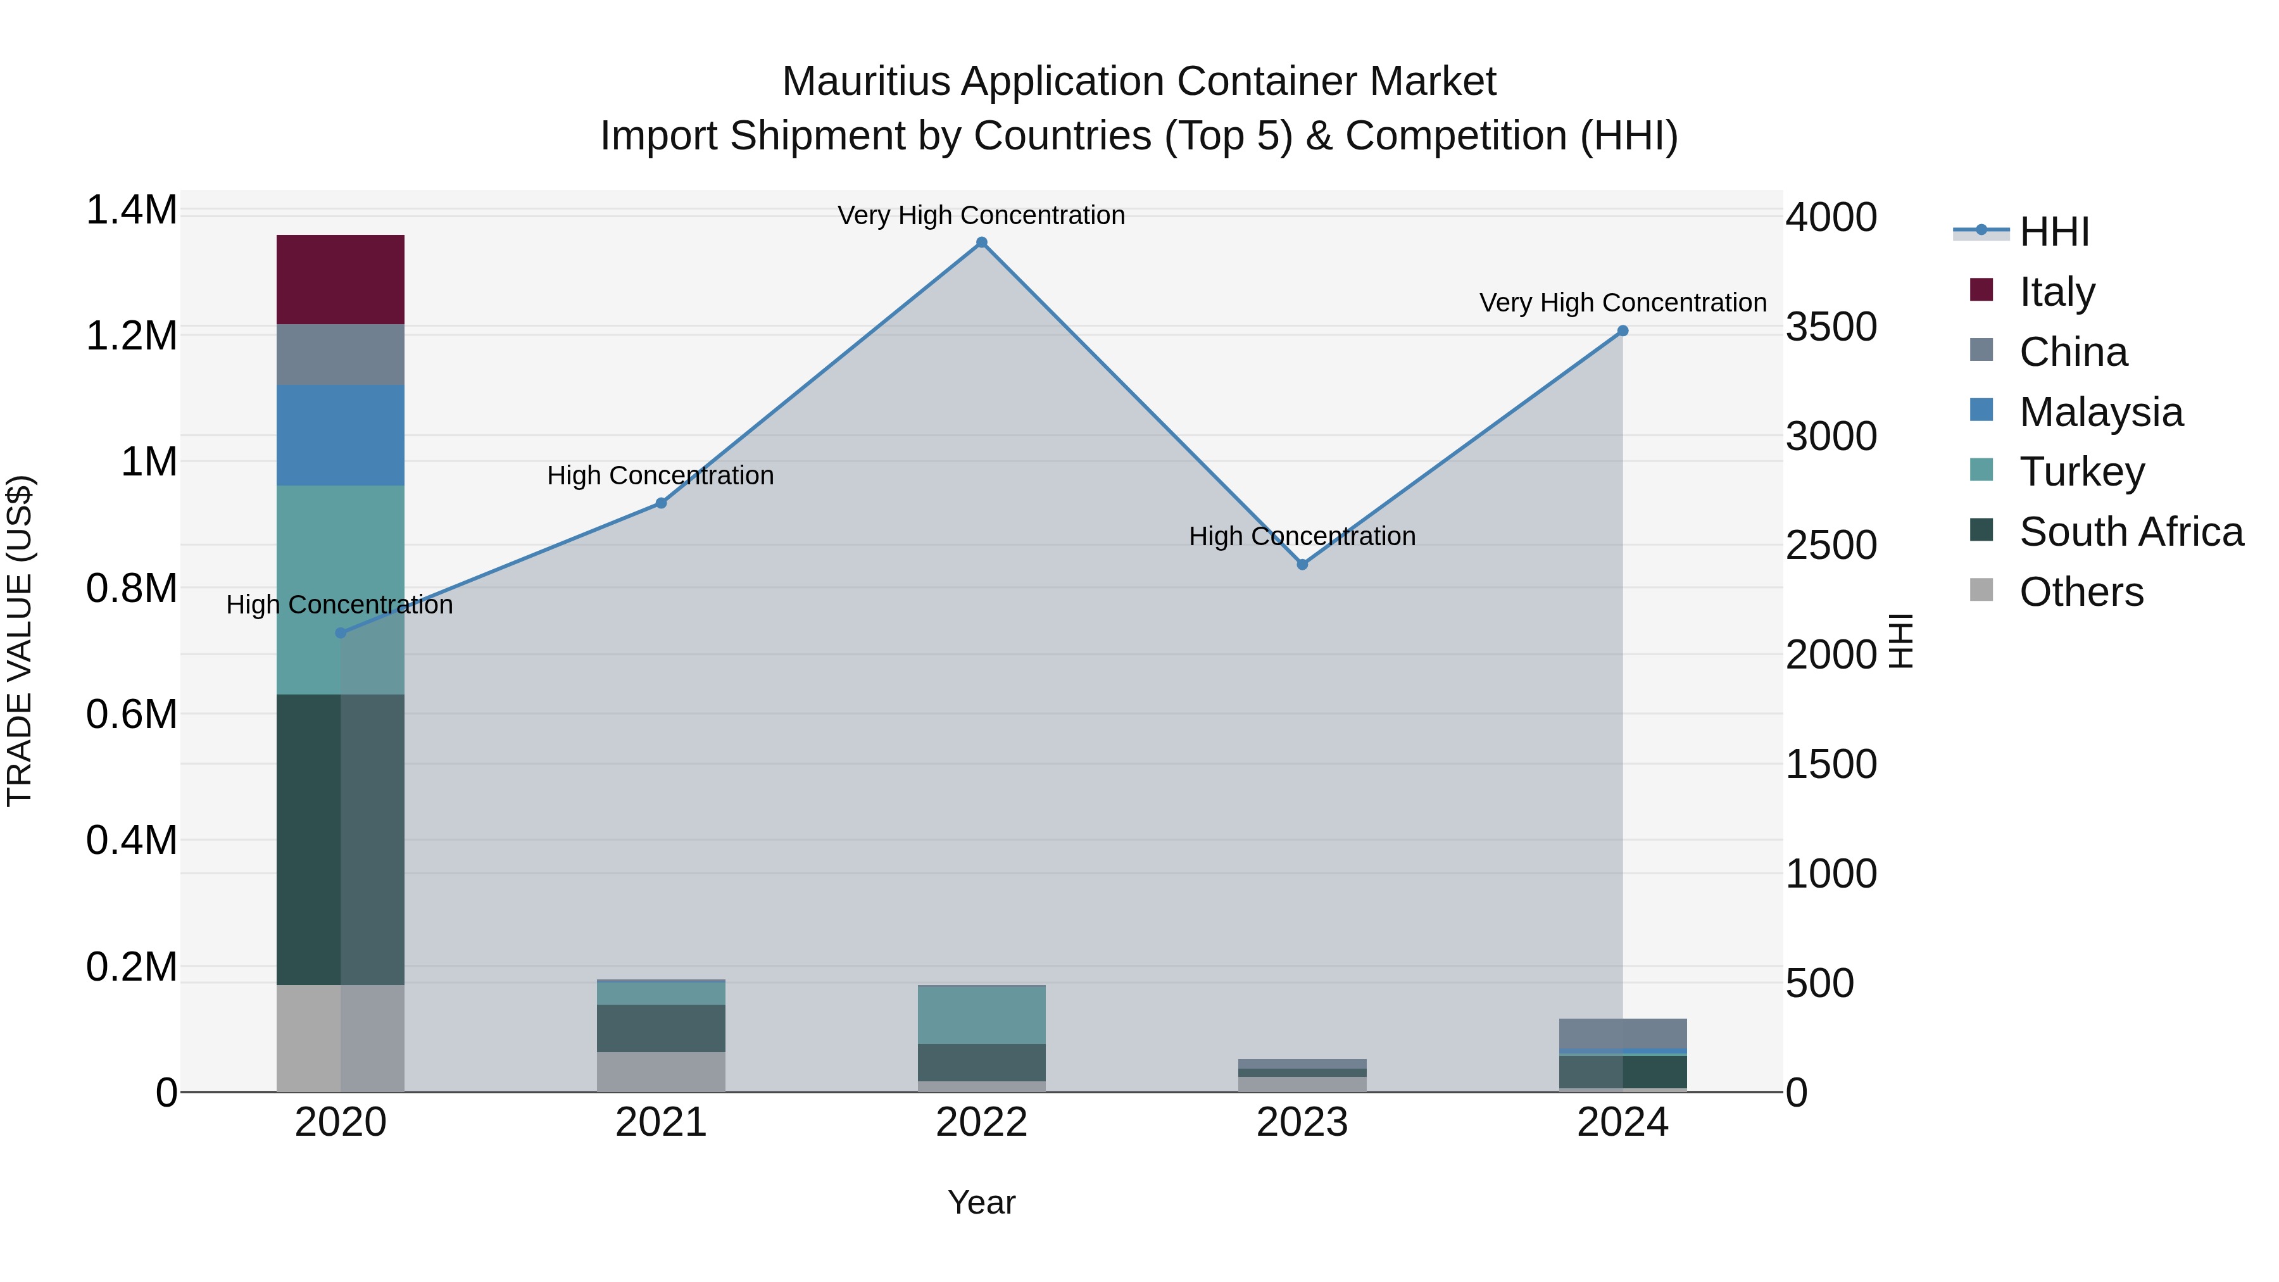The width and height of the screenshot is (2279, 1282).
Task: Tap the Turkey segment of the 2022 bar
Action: [981, 1014]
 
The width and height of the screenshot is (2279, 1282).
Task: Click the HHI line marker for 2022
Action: [981, 242]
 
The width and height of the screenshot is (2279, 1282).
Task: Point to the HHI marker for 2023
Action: [1302, 565]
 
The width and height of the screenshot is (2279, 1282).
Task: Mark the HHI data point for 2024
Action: [1622, 331]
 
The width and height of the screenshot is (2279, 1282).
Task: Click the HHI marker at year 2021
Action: [660, 503]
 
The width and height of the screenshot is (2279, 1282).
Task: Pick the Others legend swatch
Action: [1981, 590]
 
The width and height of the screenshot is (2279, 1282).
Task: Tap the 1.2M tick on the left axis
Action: [131, 336]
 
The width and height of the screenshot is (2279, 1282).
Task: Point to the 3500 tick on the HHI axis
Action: [1830, 327]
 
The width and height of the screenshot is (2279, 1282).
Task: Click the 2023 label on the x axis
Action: [1302, 1122]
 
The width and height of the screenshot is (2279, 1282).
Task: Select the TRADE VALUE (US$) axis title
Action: [20, 641]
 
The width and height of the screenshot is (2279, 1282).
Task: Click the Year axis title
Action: [981, 1202]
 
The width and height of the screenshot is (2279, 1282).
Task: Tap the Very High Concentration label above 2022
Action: [981, 215]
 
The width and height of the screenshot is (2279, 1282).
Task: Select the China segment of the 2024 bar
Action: [1622, 1033]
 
